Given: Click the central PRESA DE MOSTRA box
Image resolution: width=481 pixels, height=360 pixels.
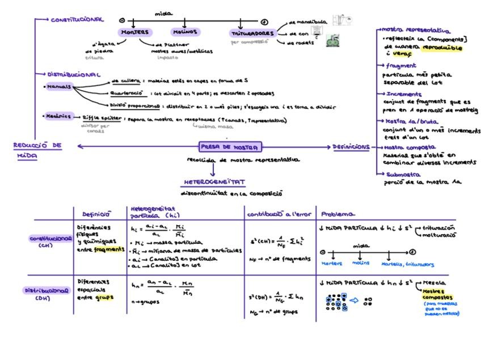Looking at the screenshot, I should click(230, 147).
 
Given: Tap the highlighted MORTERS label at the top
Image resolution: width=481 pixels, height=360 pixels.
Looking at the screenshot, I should click(135, 32).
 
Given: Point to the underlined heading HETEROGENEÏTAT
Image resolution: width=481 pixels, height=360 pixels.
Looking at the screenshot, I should click(214, 183).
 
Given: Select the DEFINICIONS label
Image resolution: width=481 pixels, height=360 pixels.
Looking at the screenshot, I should click(351, 147).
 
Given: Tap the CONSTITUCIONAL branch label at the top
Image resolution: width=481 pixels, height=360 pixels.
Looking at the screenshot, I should click(77, 20).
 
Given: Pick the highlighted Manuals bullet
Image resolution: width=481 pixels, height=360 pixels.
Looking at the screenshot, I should click(59, 87).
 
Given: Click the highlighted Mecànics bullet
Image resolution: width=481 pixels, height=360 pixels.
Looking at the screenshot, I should click(59, 116).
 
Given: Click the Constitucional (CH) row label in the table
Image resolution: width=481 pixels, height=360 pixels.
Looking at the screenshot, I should click(50, 242).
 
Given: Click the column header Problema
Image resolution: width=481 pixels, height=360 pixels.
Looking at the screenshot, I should click(338, 214).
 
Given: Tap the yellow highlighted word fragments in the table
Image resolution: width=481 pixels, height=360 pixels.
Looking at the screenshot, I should click(109, 249).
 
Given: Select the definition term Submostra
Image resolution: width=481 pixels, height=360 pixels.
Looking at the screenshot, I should click(403, 175).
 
